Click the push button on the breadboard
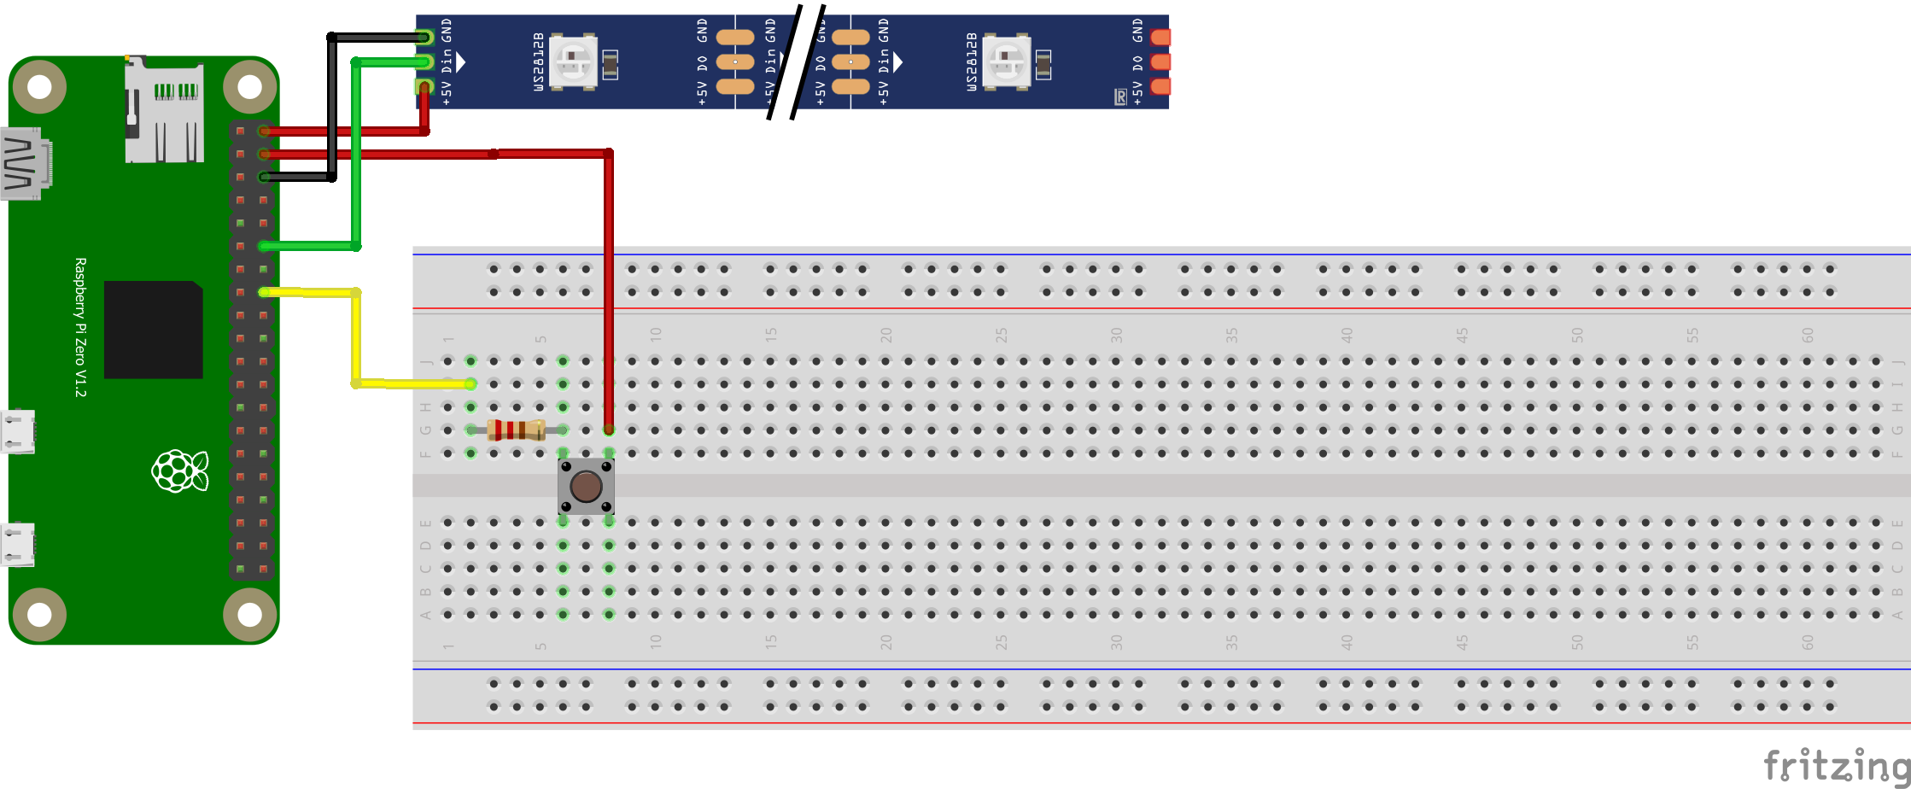click(586, 487)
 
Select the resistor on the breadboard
click(517, 430)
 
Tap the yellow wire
click(356, 342)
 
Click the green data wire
click(356, 154)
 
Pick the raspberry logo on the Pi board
click(179, 470)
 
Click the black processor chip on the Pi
click(154, 330)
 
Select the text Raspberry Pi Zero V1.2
click(80, 327)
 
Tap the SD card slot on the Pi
click(164, 111)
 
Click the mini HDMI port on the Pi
click(26, 163)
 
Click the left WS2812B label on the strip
click(539, 61)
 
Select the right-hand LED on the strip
click(1007, 61)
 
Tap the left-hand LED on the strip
click(573, 61)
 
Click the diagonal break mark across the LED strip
click(794, 61)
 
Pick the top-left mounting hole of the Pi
click(39, 87)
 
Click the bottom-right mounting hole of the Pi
click(249, 614)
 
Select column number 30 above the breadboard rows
click(1116, 335)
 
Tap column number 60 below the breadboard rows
click(1808, 643)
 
